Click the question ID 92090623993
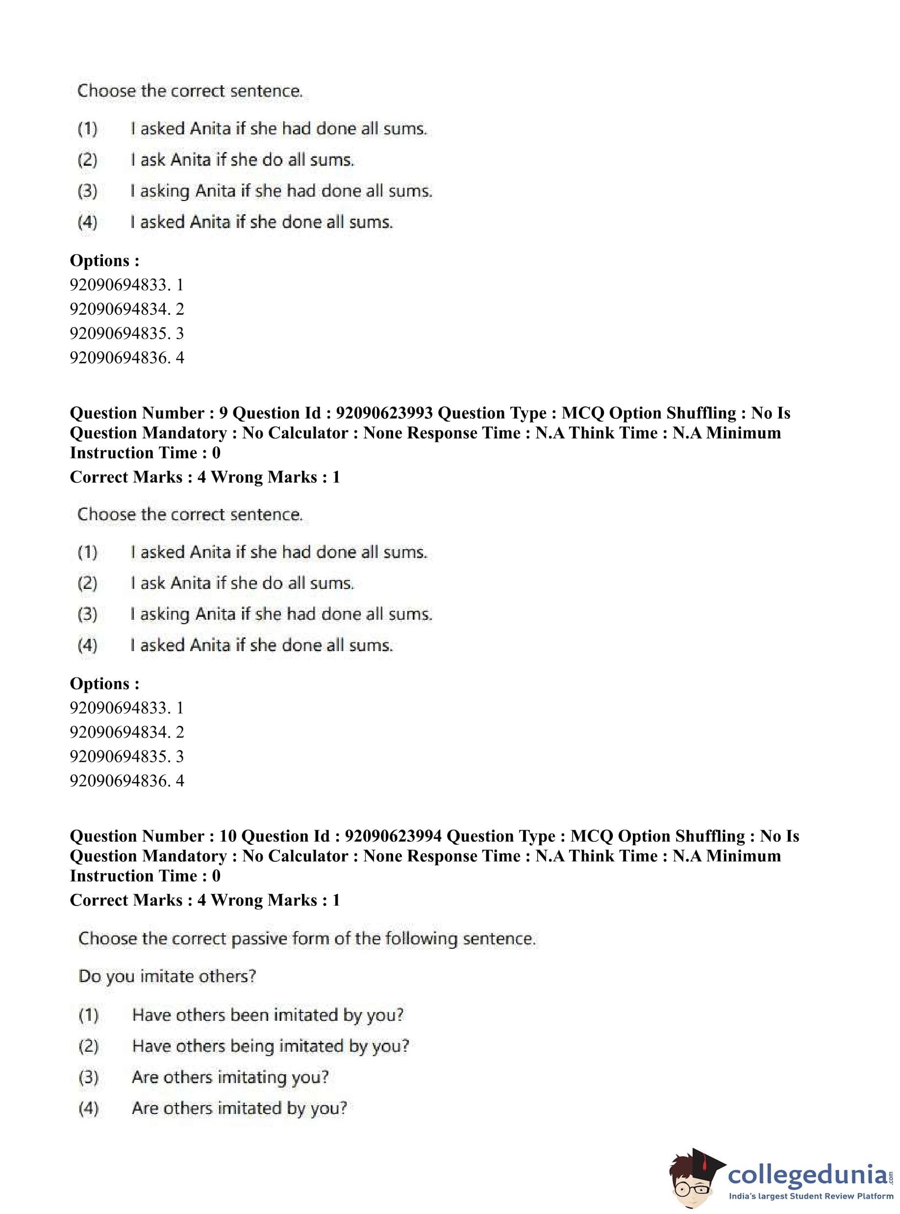click(384, 413)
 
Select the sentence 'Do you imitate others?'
click(167, 976)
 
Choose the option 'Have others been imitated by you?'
click(268, 1014)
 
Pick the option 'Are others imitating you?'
click(230, 1077)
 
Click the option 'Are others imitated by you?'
click(239, 1108)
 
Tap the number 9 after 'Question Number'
click(224, 413)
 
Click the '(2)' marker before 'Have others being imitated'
click(88, 1046)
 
